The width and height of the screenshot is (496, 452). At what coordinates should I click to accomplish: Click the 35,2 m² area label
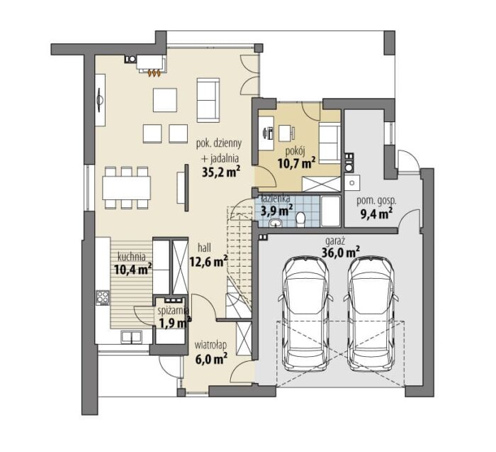[221, 171]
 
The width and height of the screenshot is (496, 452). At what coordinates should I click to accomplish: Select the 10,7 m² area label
[297, 163]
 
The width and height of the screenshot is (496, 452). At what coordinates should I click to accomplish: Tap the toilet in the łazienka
[300, 219]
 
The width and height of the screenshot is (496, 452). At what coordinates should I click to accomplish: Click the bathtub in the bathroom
[331, 211]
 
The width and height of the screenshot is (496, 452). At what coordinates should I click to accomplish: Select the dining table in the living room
[127, 188]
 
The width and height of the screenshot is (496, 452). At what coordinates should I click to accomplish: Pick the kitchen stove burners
[103, 297]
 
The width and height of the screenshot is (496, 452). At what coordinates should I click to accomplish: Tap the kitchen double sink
[131, 337]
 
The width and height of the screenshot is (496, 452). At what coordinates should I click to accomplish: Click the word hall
[204, 247]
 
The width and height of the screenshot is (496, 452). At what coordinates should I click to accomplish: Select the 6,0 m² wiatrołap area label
[212, 359]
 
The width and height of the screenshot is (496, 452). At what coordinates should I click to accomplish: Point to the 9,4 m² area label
[376, 214]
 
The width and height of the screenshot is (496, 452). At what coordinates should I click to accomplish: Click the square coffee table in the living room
[165, 100]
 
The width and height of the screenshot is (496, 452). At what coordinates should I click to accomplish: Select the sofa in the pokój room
[329, 143]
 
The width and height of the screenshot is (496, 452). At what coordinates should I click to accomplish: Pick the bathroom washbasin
[277, 223]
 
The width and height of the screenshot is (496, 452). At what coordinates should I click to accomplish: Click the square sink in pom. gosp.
[351, 183]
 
